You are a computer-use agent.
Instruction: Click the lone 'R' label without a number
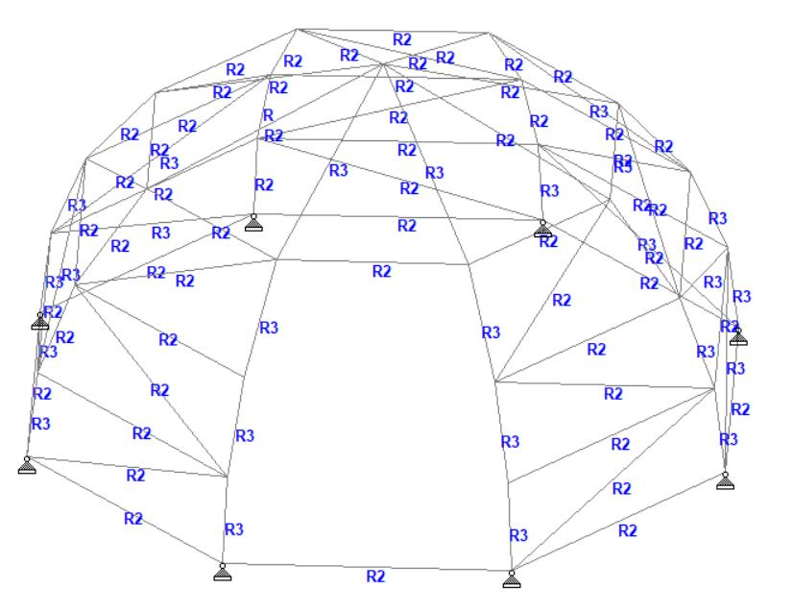269,116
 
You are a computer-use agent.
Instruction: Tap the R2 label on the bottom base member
375,576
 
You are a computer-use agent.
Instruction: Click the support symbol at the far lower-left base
27,466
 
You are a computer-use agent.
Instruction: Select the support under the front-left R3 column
222,574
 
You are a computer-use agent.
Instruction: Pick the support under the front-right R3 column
510,578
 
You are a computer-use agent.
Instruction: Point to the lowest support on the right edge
726,480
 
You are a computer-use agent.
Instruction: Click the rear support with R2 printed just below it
542,229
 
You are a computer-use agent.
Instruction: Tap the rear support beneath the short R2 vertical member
253,223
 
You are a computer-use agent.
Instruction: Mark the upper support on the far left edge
40,321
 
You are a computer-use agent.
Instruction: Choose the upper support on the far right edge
737,336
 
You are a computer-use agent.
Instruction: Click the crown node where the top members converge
383,64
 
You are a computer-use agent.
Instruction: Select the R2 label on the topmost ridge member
403,39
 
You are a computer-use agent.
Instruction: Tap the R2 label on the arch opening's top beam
382,271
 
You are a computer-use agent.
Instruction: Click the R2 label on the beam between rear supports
407,226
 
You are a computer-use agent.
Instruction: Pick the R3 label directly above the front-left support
233,528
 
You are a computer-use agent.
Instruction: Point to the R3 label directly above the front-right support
518,534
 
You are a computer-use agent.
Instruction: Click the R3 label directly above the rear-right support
549,191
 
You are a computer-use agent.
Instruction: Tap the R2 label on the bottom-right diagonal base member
629,530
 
